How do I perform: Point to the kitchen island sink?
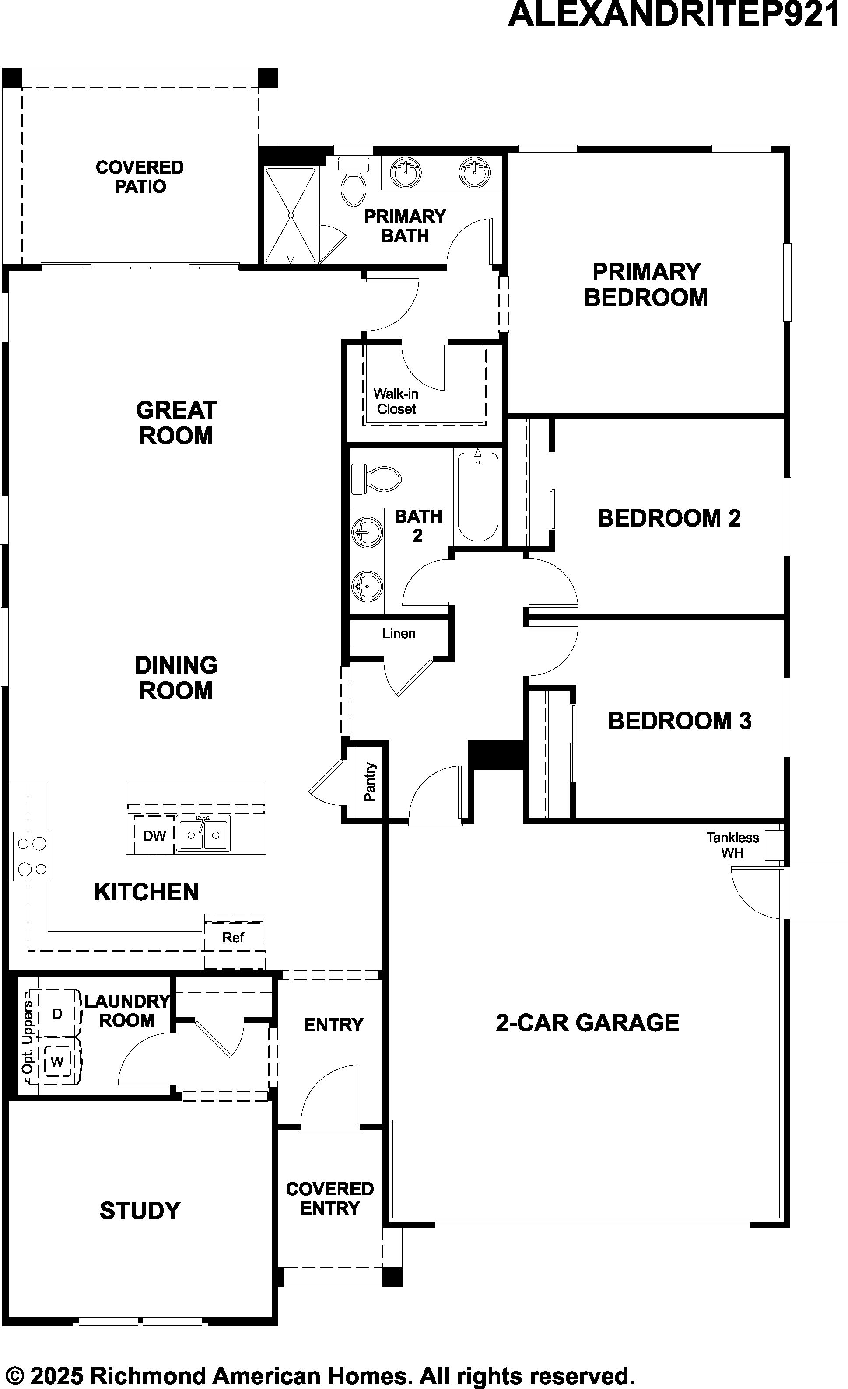[203, 834]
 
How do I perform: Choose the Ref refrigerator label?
[233, 938]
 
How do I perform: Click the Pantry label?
[370, 782]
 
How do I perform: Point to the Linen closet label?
[399, 634]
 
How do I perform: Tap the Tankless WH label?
[732, 845]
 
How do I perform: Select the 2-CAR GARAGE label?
[588, 1022]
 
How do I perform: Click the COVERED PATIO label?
[140, 176]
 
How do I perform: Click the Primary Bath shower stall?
[291, 215]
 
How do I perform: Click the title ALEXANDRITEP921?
[674, 15]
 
